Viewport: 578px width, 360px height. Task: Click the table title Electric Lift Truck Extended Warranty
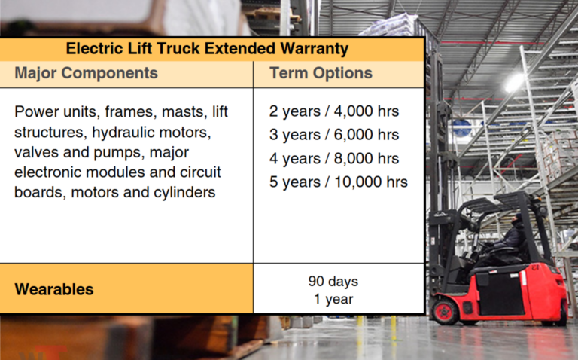point(207,49)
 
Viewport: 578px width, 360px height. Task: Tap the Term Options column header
point(321,73)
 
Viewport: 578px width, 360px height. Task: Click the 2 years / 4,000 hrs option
point(334,111)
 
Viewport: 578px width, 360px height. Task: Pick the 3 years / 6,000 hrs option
point(334,135)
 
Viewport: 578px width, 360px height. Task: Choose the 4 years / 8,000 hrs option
point(334,158)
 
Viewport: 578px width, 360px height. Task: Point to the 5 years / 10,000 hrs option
point(339,182)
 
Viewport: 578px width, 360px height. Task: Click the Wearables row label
point(54,289)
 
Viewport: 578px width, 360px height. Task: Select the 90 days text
point(333,282)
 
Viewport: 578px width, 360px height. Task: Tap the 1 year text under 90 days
point(333,298)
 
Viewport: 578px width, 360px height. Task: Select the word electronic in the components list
point(48,172)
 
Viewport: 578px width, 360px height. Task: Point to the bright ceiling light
point(514,83)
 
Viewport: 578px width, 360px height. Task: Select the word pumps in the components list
point(112,153)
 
